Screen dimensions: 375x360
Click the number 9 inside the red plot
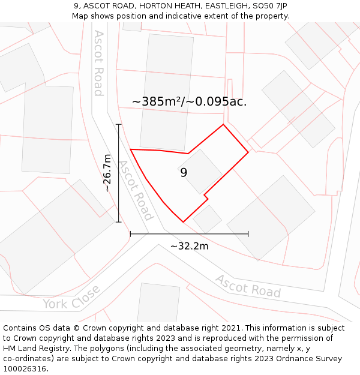tap(184, 173)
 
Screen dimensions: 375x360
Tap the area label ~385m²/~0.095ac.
tap(189, 102)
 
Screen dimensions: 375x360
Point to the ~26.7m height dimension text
tap(107, 173)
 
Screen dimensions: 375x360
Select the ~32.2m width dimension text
tap(189, 246)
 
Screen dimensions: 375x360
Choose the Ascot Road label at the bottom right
tap(248, 286)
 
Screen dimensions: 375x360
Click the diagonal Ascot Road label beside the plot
tap(136, 190)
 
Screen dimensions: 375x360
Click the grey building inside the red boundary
tap(200, 171)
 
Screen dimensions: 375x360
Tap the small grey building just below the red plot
tap(207, 219)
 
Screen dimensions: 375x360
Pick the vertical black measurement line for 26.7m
tap(119, 173)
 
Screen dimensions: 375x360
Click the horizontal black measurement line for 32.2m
tap(189, 234)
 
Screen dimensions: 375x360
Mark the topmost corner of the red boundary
tap(223, 125)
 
